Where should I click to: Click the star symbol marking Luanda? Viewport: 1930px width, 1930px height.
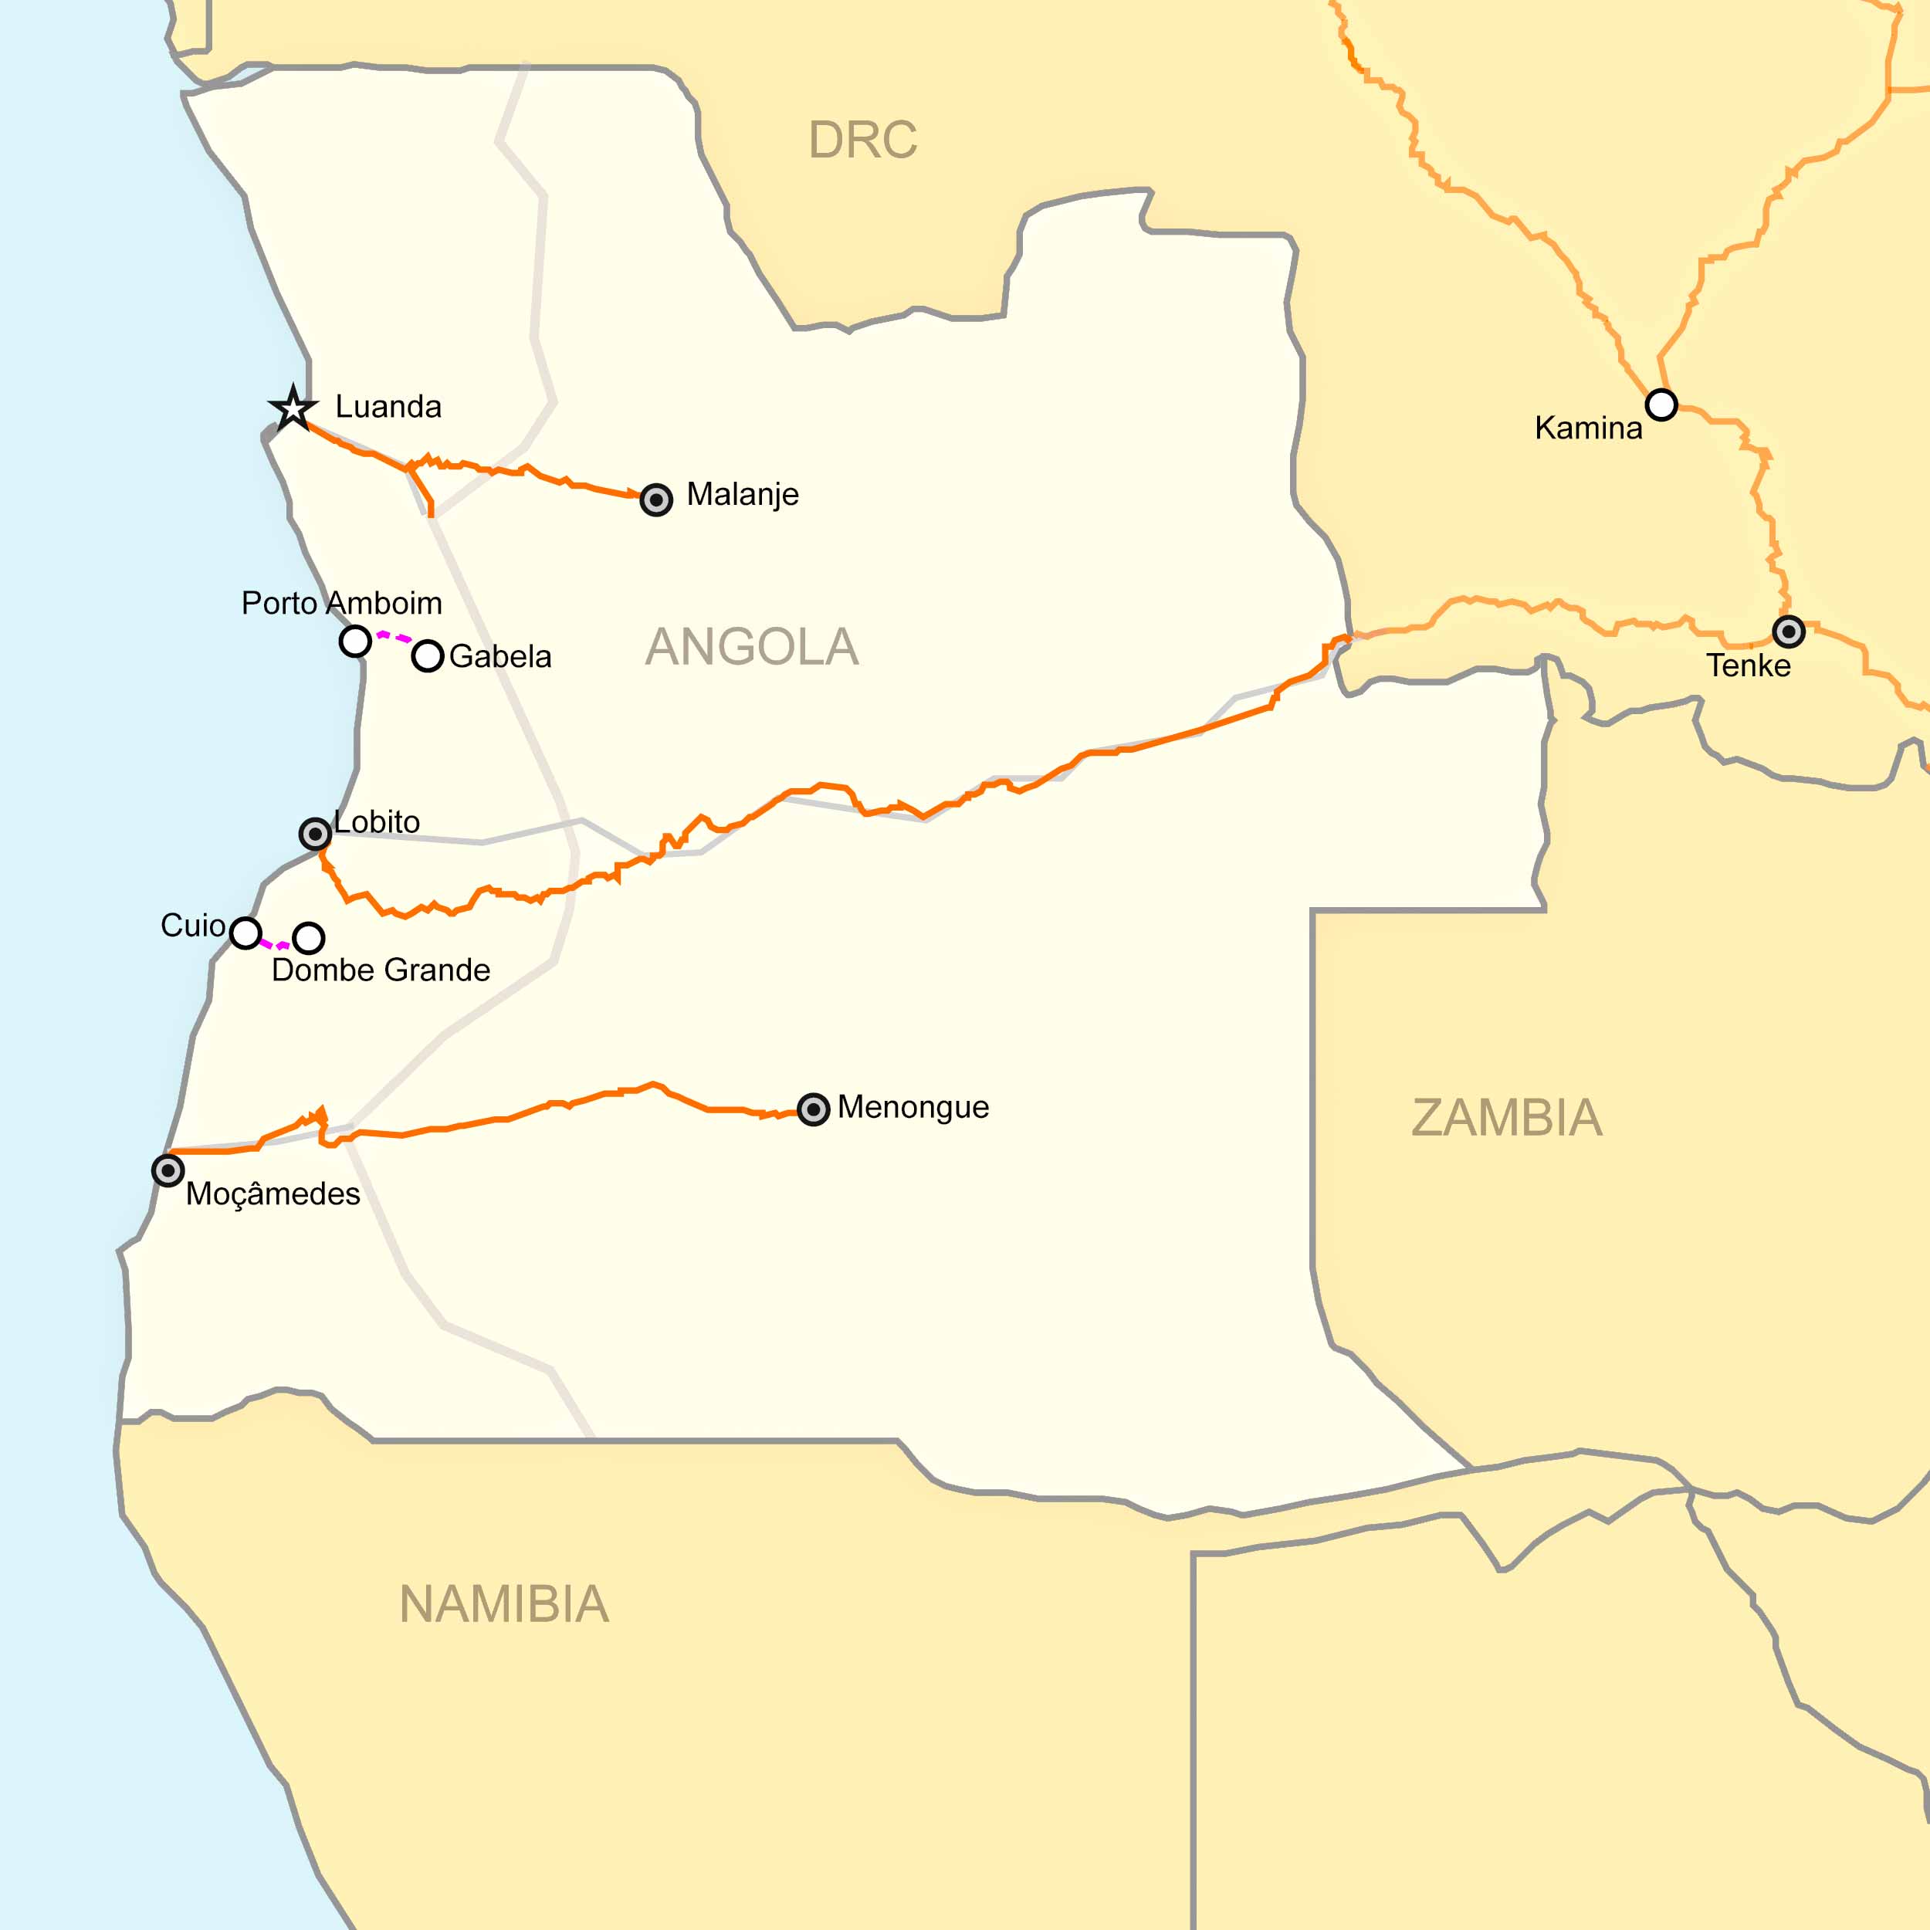click(x=293, y=408)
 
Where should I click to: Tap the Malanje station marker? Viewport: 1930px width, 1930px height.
click(x=656, y=499)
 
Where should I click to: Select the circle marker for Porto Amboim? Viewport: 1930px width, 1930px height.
click(x=356, y=640)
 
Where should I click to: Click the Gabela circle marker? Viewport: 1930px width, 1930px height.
click(x=428, y=655)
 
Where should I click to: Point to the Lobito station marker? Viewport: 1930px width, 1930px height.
click(x=316, y=833)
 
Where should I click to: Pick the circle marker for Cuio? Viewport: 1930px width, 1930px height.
click(x=245, y=932)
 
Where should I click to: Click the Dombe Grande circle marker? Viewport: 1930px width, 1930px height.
click(x=309, y=937)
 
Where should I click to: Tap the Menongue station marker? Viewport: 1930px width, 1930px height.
click(x=813, y=1109)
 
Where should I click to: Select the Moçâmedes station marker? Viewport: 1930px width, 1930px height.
click(x=168, y=1170)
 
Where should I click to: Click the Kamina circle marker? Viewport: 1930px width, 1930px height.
click(x=1661, y=405)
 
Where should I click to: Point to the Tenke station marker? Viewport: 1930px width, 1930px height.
click(x=1788, y=631)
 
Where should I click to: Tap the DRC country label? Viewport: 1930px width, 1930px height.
click(x=862, y=140)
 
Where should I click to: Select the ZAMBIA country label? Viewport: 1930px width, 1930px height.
click(x=1506, y=1118)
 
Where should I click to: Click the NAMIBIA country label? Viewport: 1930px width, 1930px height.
click(x=503, y=1605)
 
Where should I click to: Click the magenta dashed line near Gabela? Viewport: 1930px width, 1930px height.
click(x=394, y=636)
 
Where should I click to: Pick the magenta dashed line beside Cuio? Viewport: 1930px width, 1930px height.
click(x=275, y=944)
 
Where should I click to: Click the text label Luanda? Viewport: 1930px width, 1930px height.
click(x=388, y=407)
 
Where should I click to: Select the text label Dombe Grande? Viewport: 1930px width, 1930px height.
click(x=381, y=970)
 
